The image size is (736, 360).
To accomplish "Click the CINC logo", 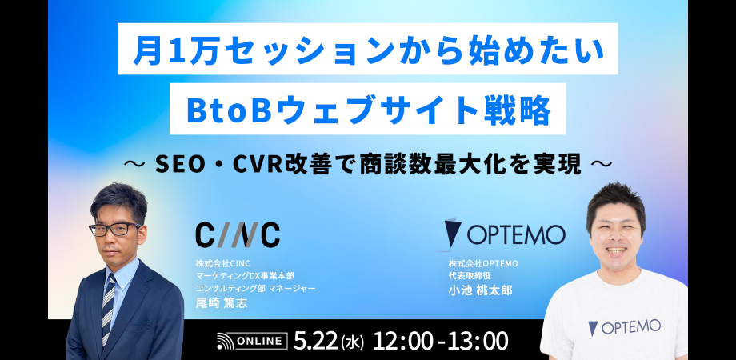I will [x=238, y=234].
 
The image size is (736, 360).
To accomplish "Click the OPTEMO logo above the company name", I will [x=505, y=234].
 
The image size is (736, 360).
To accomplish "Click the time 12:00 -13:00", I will [x=442, y=341].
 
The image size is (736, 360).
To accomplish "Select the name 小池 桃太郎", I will [x=480, y=290].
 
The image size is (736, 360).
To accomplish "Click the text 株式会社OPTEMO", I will [x=484, y=263].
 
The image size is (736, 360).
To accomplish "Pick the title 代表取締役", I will [x=470, y=275].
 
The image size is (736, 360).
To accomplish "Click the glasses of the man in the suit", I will [x=114, y=230].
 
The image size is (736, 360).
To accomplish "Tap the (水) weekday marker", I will [x=352, y=342].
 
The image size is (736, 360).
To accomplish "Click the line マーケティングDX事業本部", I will [x=245, y=275].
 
